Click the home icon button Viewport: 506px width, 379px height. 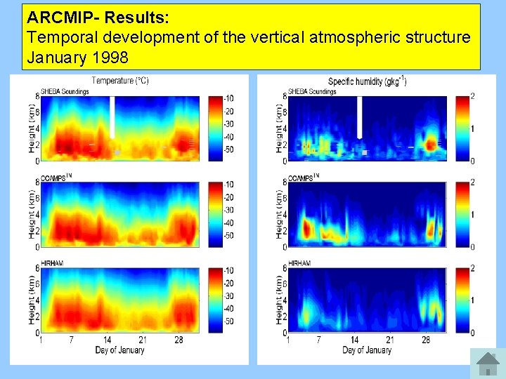(487, 364)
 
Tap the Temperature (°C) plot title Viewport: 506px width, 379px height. (120, 81)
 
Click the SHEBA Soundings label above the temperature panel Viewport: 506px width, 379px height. (65, 91)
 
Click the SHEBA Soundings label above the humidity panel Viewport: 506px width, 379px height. (312, 91)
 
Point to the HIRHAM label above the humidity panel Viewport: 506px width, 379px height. (299, 263)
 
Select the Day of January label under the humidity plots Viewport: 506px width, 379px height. (366, 350)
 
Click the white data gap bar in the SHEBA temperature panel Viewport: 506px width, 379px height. (112, 117)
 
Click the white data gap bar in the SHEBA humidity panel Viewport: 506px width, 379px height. (359, 117)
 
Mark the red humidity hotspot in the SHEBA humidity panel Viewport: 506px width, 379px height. (429, 145)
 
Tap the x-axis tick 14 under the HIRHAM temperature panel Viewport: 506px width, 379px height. (108, 340)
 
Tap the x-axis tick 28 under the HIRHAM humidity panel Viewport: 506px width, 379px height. (426, 340)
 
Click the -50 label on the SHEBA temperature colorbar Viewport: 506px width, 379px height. (229, 150)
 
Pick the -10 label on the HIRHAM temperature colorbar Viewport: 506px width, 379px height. (229, 270)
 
